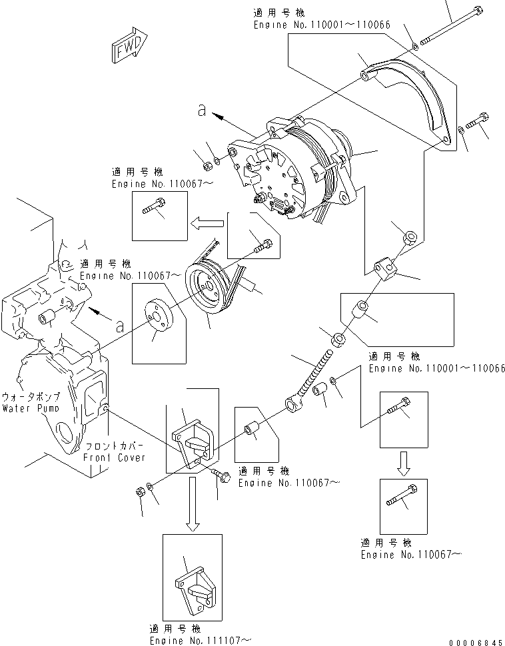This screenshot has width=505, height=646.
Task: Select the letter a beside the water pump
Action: click(118, 326)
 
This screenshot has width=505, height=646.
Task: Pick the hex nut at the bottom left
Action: click(141, 492)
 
